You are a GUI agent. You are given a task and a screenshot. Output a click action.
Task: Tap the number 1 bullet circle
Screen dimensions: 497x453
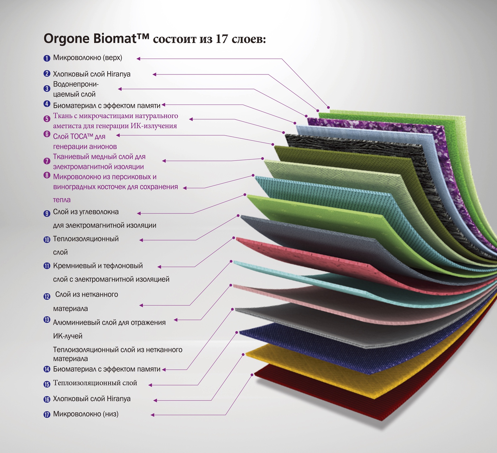tap(47, 58)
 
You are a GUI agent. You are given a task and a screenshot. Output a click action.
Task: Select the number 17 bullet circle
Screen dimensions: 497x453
tap(47, 414)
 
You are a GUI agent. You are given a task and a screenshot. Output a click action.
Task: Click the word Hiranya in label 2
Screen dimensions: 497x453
tap(118, 74)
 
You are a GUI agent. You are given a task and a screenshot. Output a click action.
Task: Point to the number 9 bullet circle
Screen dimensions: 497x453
tap(47, 213)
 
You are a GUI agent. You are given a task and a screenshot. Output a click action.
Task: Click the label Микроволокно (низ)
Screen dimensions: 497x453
tap(86, 414)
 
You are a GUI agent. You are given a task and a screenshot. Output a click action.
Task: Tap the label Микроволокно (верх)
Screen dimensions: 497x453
tap(87, 58)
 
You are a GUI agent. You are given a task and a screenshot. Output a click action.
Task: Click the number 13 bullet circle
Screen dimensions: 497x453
tap(47, 320)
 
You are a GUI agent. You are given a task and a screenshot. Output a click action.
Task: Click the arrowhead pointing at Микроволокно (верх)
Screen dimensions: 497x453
tap(138, 59)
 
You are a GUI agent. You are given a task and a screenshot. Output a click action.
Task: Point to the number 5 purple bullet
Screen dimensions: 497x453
tap(47, 119)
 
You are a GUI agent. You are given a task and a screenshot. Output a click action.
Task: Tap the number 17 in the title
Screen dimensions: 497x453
tap(221, 39)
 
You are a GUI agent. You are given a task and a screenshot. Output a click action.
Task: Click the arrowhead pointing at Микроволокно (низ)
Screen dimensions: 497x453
tap(153, 415)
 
